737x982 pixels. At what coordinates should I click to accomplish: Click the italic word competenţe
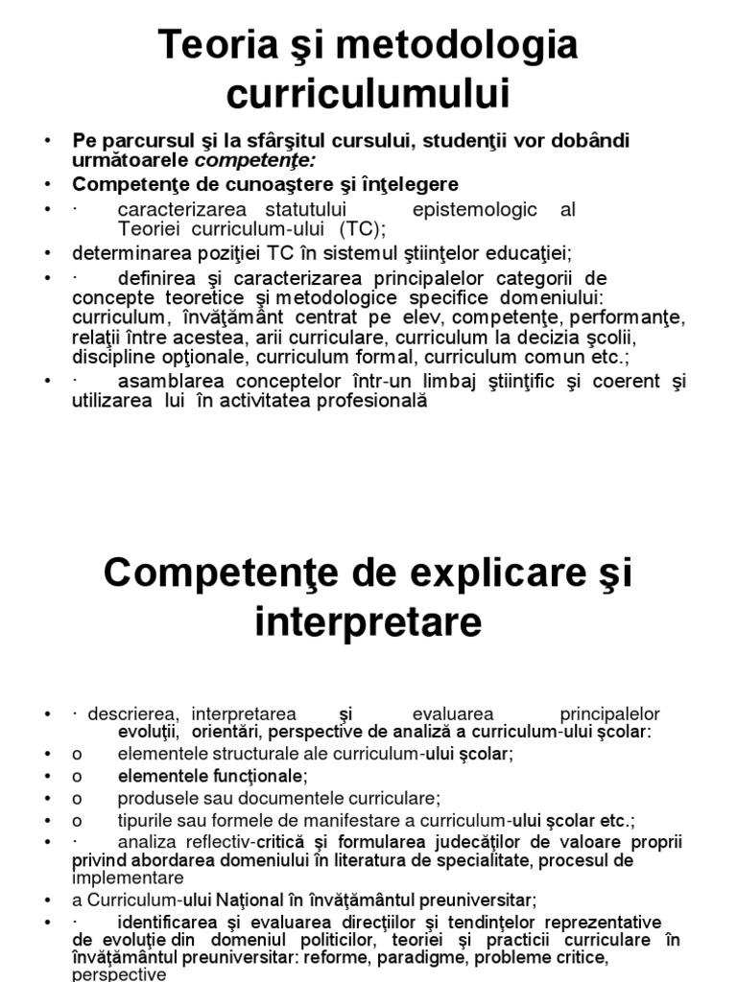[260, 159]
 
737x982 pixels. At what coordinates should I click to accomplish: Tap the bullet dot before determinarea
[47, 253]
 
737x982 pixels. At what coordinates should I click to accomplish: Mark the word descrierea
[133, 714]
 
